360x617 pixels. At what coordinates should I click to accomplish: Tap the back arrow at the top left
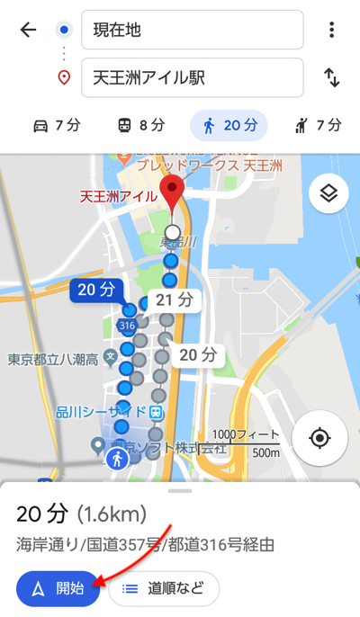click(x=29, y=30)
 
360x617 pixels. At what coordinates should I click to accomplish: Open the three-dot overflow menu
click(x=332, y=30)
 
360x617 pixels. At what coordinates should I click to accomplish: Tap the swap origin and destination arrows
click(x=332, y=77)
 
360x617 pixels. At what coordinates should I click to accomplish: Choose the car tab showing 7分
click(x=56, y=126)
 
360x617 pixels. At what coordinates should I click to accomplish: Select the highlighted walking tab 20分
click(x=229, y=126)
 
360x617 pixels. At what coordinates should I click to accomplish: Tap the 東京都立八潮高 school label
click(x=52, y=360)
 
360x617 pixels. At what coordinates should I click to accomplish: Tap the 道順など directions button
click(x=164, y=589)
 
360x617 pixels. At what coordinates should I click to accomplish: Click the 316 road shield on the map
click(x=126, y=325)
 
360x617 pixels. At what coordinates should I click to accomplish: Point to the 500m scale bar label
click(x=265, y=452)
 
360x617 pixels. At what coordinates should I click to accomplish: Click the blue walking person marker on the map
click(x=117, y=460)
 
